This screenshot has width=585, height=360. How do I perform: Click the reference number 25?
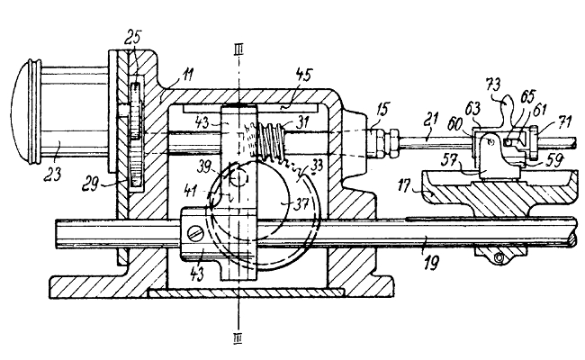(133, 37)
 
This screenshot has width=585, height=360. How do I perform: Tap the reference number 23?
(52, 174)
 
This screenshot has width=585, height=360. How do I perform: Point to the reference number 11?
(188, 74)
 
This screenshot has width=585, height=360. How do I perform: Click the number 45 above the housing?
(303, 75)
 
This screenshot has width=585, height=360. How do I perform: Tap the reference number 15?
(382, 109)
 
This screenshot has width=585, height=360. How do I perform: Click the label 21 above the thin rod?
(431, 121)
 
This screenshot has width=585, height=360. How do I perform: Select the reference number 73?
(493, 85)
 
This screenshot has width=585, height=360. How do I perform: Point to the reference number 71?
(565, 121)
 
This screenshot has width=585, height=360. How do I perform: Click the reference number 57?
(450, 160)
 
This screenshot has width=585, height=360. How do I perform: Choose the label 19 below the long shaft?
(431, 262)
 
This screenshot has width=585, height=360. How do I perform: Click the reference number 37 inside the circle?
(301, 203)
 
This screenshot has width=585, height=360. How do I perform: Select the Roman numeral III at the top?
(238, 49)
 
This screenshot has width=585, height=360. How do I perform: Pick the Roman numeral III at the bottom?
(238, 338)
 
